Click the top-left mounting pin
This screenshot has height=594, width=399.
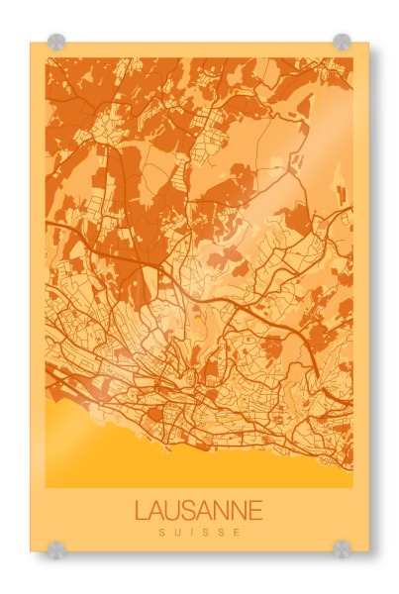[56, 43]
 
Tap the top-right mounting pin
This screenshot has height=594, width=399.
[342, 43]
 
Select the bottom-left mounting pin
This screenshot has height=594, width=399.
[56, 548]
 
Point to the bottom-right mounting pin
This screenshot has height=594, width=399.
[342, 548]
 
